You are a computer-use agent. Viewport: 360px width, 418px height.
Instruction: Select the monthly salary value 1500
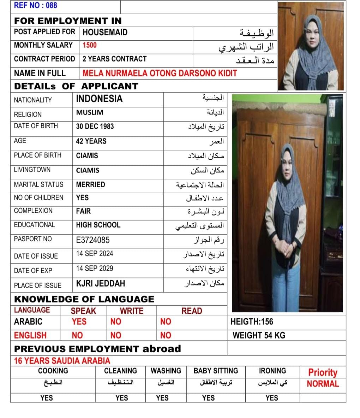pyautogui.click(x=90, y=45)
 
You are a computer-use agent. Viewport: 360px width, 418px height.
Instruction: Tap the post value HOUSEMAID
pyautogui.click(x=105, y=32)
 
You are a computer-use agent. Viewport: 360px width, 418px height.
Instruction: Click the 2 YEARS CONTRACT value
pyautogui.click(x=114, y=59)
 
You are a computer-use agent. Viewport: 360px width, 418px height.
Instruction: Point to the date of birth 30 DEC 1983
pyautogui.click(x=95, y=126)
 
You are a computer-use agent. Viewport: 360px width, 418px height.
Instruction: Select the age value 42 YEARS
pyautogui.click(x=91, y=141)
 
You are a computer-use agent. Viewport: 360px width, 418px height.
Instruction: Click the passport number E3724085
pyautogui.click(x=93, y=240)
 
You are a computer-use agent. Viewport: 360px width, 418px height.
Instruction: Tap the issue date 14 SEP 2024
pyautogui.click(x=95, y=254)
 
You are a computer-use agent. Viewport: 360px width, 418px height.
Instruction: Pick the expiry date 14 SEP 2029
pyautogui.click(x=95, y=268)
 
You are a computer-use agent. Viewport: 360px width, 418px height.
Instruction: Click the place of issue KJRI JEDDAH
pyautogui.click(x=101, y=284)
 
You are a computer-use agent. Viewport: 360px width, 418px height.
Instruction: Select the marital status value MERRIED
pyautogui.click(x=90, y=185)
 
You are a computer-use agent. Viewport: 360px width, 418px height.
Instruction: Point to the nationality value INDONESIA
pyautogui.click(x=99, y=99)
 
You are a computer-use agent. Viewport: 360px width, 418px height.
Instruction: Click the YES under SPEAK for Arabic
pyautogui.click(x=79, y=322)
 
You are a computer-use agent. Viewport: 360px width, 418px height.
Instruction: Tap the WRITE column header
pyautogui.click(x=132, y=311)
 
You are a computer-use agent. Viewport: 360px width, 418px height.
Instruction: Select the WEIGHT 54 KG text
pyautogui.click(x=259, y=335)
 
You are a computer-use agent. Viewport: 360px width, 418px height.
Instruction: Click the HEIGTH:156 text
pyautogui.click(x=252, y=322)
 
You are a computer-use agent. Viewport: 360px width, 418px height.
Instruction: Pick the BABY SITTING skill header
pyautogui.click(x=216, y=371)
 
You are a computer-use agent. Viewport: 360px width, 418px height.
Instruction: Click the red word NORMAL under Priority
pyautogui.click(x=323, y=384)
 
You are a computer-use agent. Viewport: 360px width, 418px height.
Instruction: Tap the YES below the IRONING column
pyautogui.click(x=272, y=398)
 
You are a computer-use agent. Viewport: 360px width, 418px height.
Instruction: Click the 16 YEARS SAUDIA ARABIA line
pyautogui.click(x=62, y=361)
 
